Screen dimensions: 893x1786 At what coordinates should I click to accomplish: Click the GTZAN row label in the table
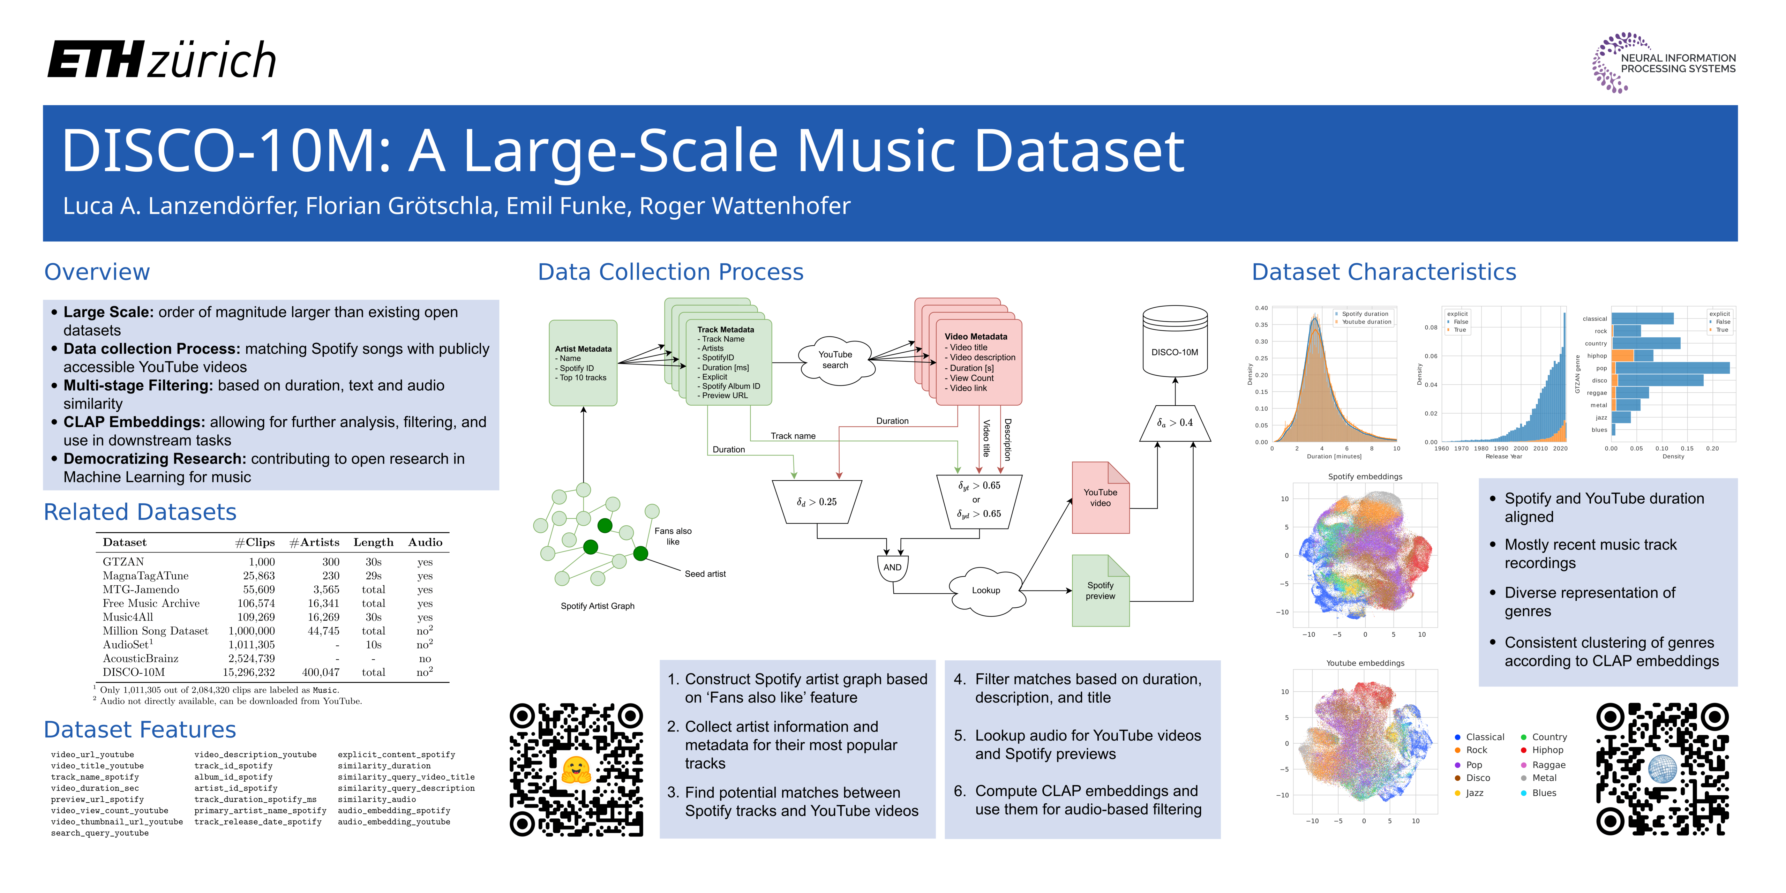[123, 562]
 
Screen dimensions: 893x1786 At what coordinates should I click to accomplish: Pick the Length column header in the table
[373, 542]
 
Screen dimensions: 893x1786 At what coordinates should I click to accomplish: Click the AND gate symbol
[892, 567]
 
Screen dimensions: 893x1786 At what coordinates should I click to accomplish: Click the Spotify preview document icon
[1100, 591]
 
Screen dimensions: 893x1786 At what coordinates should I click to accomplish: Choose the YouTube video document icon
[1100, 498]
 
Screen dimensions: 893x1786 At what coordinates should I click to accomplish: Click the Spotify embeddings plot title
[1365, 476]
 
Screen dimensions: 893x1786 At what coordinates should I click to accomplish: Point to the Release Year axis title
[1503, 456]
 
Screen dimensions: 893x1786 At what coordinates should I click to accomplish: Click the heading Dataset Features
[140, 729]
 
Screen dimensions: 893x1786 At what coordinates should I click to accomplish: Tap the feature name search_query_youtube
[100, 833]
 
